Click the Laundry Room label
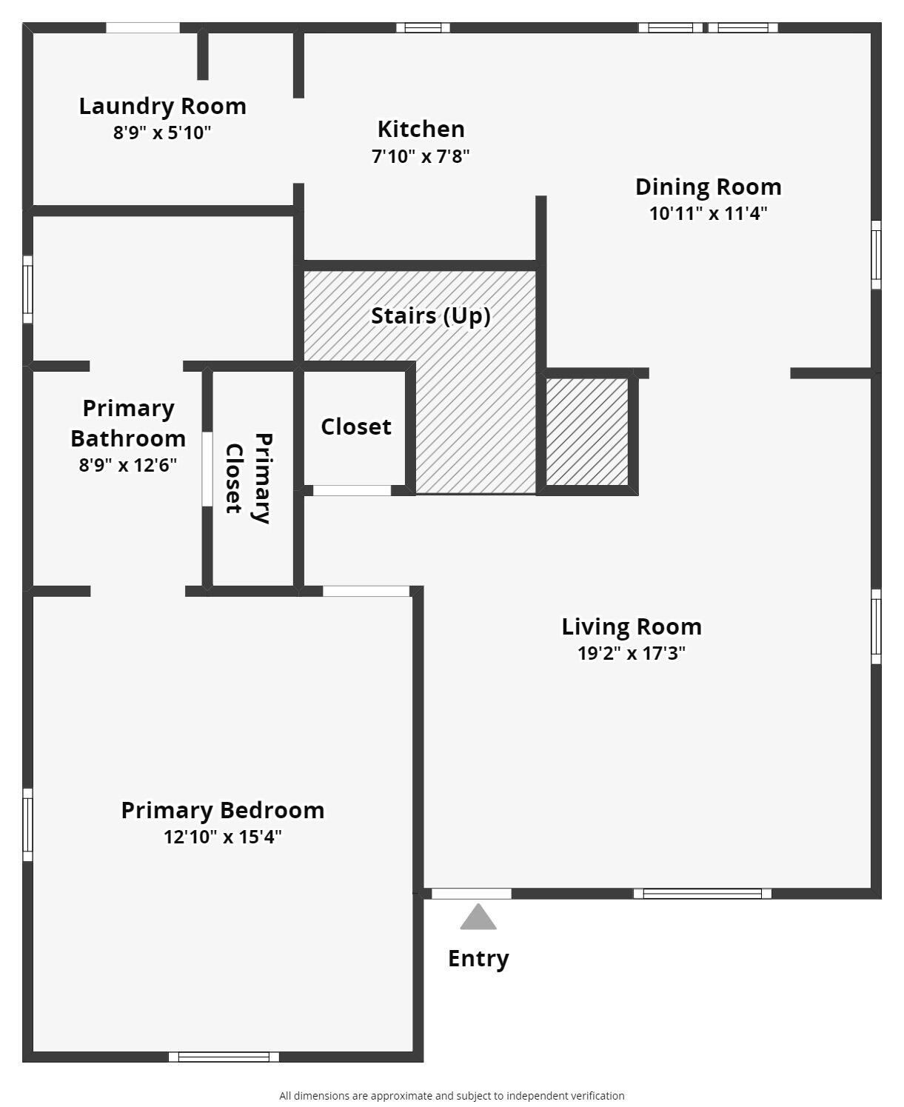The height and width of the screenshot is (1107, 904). click(x=163, y=106)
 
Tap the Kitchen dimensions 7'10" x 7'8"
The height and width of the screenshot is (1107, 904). click(x=421, y=156)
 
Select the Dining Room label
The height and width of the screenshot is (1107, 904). click(x=708, y=187)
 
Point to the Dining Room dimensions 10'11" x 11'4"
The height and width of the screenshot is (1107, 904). click(x=708, y=213)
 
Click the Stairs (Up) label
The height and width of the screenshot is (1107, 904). click(x=430, y=315)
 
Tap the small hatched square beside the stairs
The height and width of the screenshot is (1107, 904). click(x=586, y=432)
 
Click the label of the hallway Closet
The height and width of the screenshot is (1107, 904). click(x=355, y=427)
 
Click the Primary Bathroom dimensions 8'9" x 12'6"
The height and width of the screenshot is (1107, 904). click(x=128, y=465)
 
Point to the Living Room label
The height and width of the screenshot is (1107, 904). click(x=631, y=626)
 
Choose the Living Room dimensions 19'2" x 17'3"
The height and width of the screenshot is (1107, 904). click(x=631, y=653)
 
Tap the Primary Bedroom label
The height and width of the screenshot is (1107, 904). click(x=223, y=810)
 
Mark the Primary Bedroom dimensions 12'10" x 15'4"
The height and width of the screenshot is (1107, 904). click(x=223, y=837)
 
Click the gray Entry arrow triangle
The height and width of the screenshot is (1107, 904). click(x=478, y=917)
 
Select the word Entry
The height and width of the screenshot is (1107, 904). click(x=478, y=958)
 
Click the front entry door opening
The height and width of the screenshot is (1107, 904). click(x=471, y=894)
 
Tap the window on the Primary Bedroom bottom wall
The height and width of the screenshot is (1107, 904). click(x=224, y=1057)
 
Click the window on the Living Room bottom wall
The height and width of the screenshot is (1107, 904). click(x=702, y=894)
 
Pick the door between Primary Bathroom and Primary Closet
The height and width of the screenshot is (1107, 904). click(x=207, y=469)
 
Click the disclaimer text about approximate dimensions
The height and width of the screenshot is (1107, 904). click(x=452, y=1096)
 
